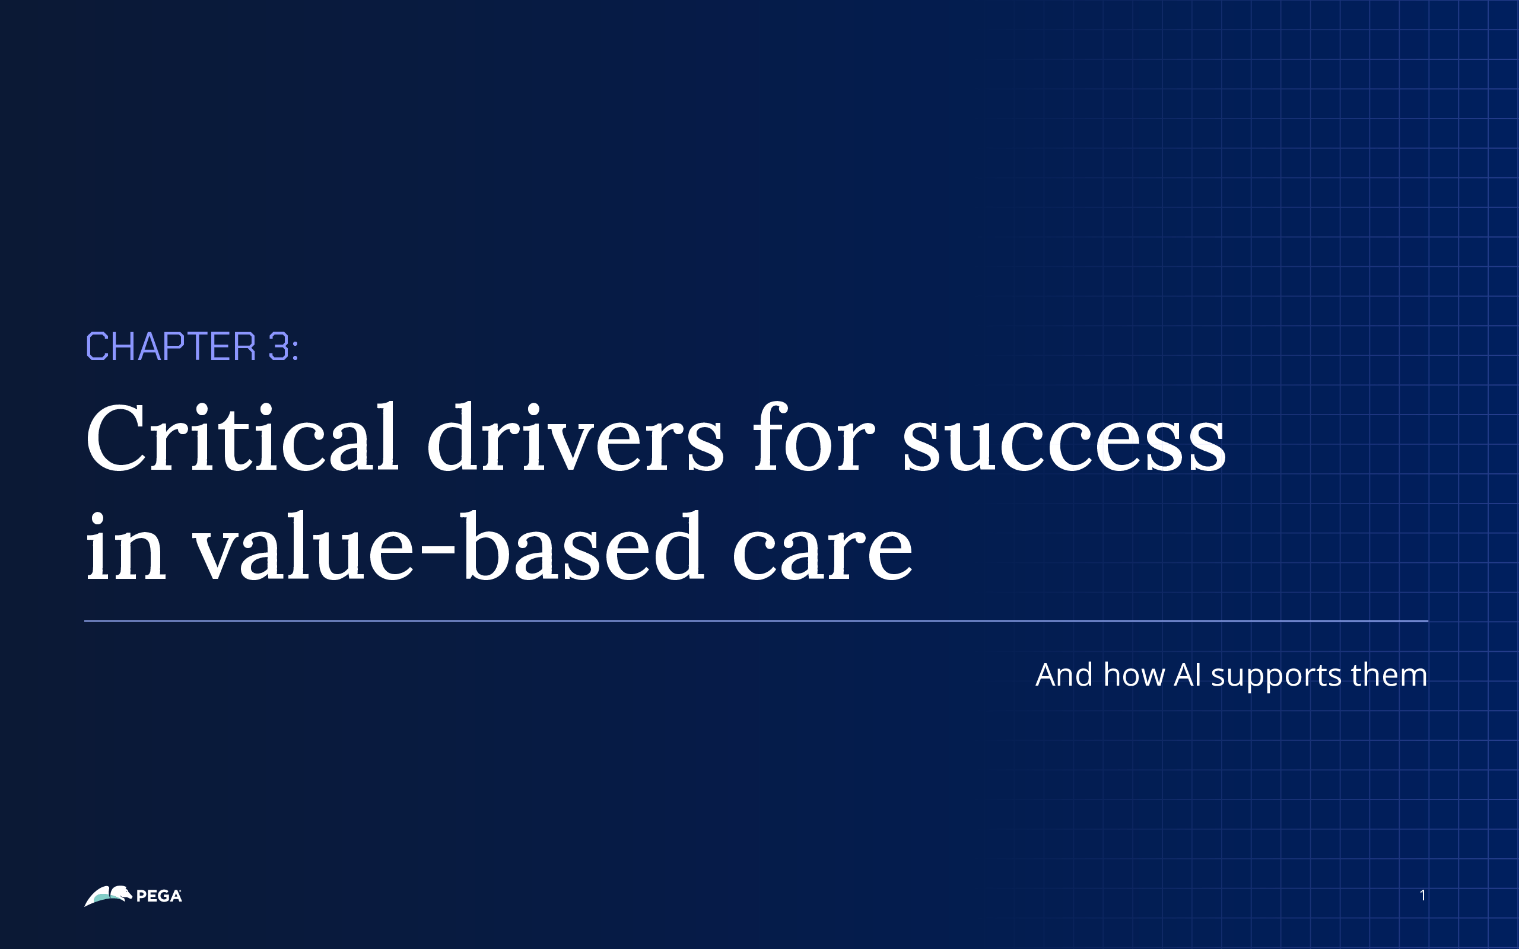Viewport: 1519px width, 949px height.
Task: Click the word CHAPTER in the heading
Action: pyautogui.click(x=171, y=346)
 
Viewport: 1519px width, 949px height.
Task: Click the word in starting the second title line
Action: pyautogui.click(x=126, y=547)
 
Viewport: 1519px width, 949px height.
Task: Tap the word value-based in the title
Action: pyautogui.click(x=447, y=547)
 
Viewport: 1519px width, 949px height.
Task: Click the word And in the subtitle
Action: pyautogui.click(x=1064, y=676)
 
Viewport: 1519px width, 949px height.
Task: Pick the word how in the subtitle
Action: pyautogui.click(x=1133, y=676)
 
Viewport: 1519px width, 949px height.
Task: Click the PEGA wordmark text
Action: pyautogui.click(x=159, y=896)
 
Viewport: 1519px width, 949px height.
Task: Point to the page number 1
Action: pyautogui.click(x=1422, y=896)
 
